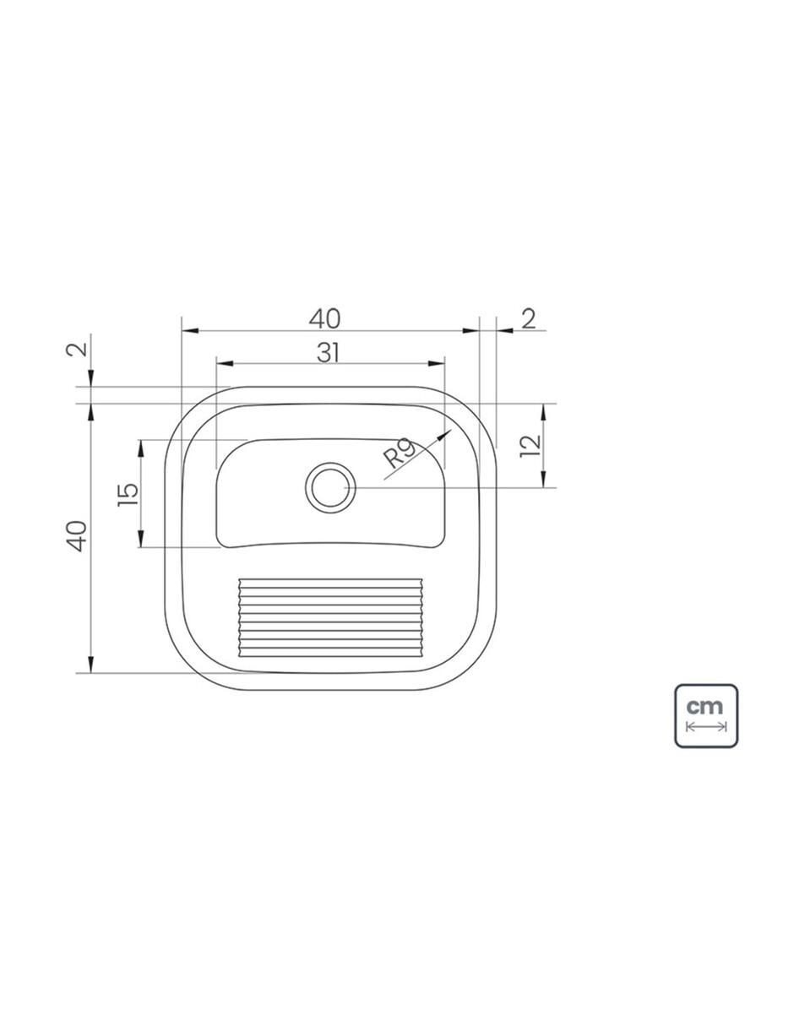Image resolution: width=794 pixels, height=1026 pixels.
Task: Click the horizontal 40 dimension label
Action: click(x=324, y=319)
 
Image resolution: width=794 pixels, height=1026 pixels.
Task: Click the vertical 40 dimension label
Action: click(x=77, y=536)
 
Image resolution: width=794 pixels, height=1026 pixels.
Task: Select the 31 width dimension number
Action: click(x=328, y=353)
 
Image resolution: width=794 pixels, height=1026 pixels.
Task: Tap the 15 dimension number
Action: click(x=128, y=494)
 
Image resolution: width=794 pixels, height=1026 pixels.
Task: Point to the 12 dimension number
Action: click(x=530, y=446)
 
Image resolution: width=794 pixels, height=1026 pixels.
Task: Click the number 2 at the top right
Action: click(x=529, y=319)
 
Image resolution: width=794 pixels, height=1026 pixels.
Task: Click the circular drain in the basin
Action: click(x=330, y=488)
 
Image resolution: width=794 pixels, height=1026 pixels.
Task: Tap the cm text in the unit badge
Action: click(x=704, y=707)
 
